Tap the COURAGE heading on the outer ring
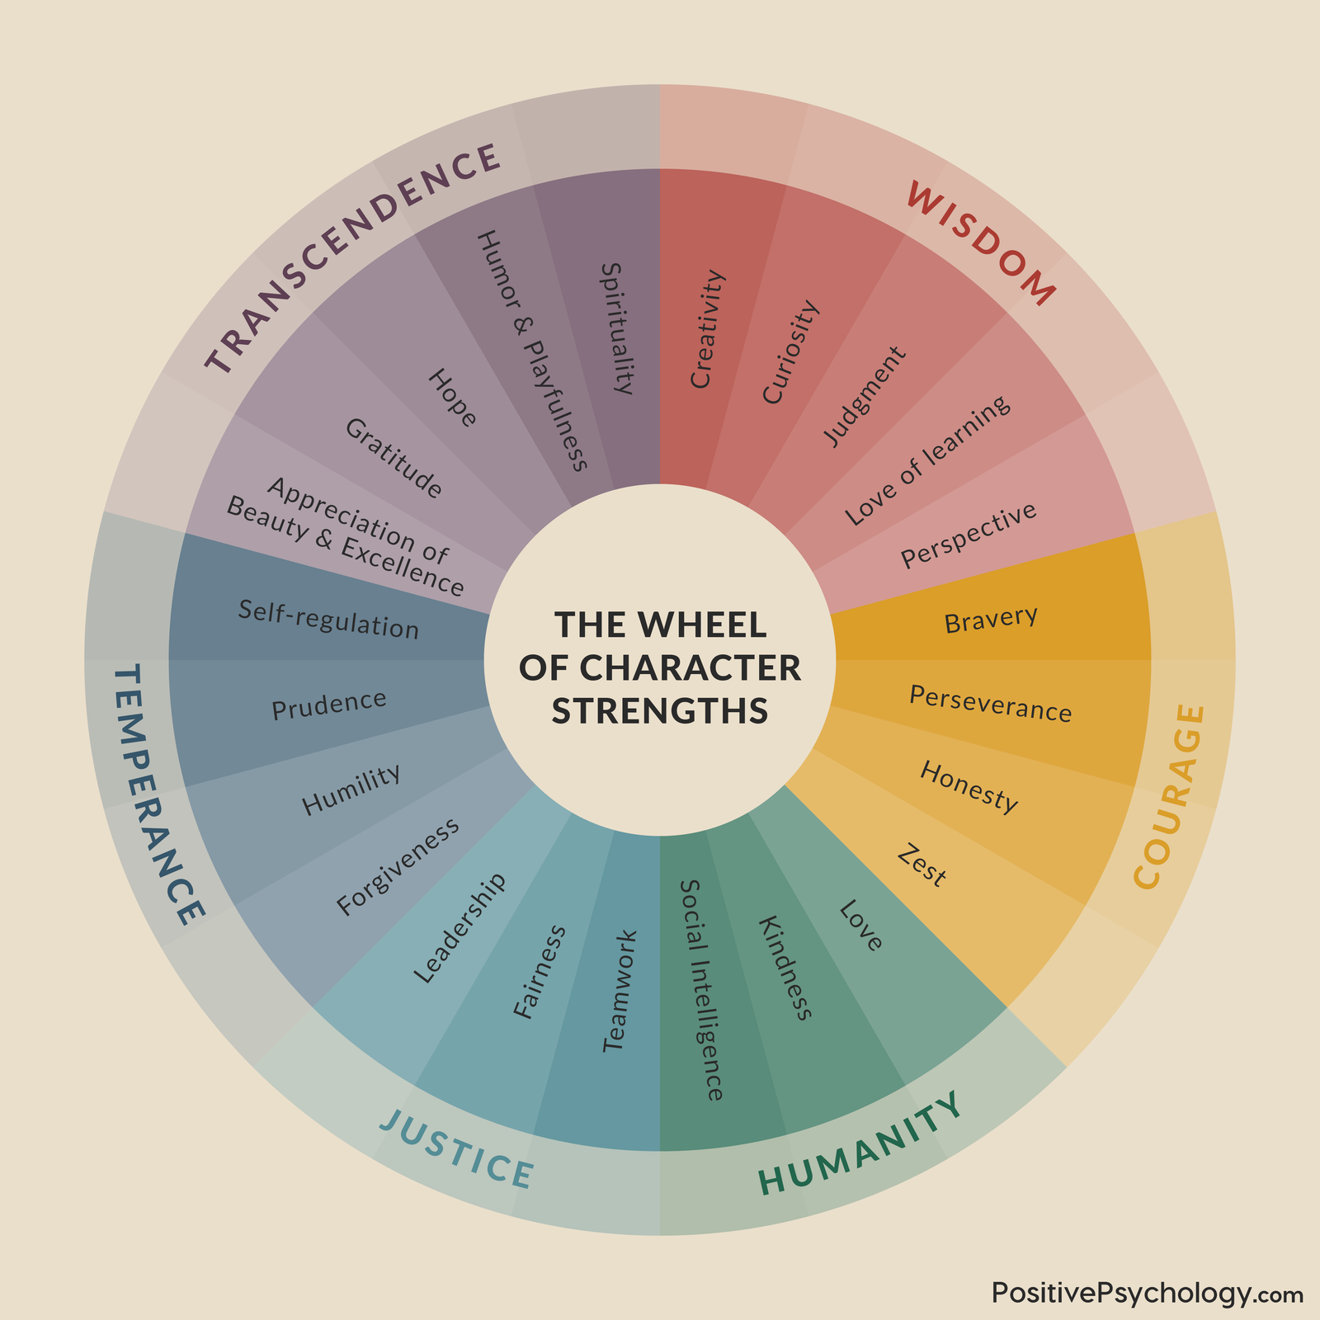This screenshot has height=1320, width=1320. click(x=1171, y=796)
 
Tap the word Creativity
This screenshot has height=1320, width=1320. click(x=708, y=329)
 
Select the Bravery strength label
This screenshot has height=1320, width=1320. click(x=990, y=620)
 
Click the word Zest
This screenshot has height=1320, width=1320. click(x=922, y=865)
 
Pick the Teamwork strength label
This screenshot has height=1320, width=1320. click(x=620, y=991)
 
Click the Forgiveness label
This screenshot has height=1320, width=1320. click(x=398, y=867)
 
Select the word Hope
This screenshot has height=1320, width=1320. click(x=453, y=398)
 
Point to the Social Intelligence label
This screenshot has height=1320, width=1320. click(x=702, y=990)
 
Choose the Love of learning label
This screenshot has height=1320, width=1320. click(x=927, y=460)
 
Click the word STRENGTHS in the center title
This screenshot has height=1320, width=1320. click(x=660, y=710)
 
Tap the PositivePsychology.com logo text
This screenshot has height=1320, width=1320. click(x=1148, y=1293)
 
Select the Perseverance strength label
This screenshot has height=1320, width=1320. click(x=990, y=704)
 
